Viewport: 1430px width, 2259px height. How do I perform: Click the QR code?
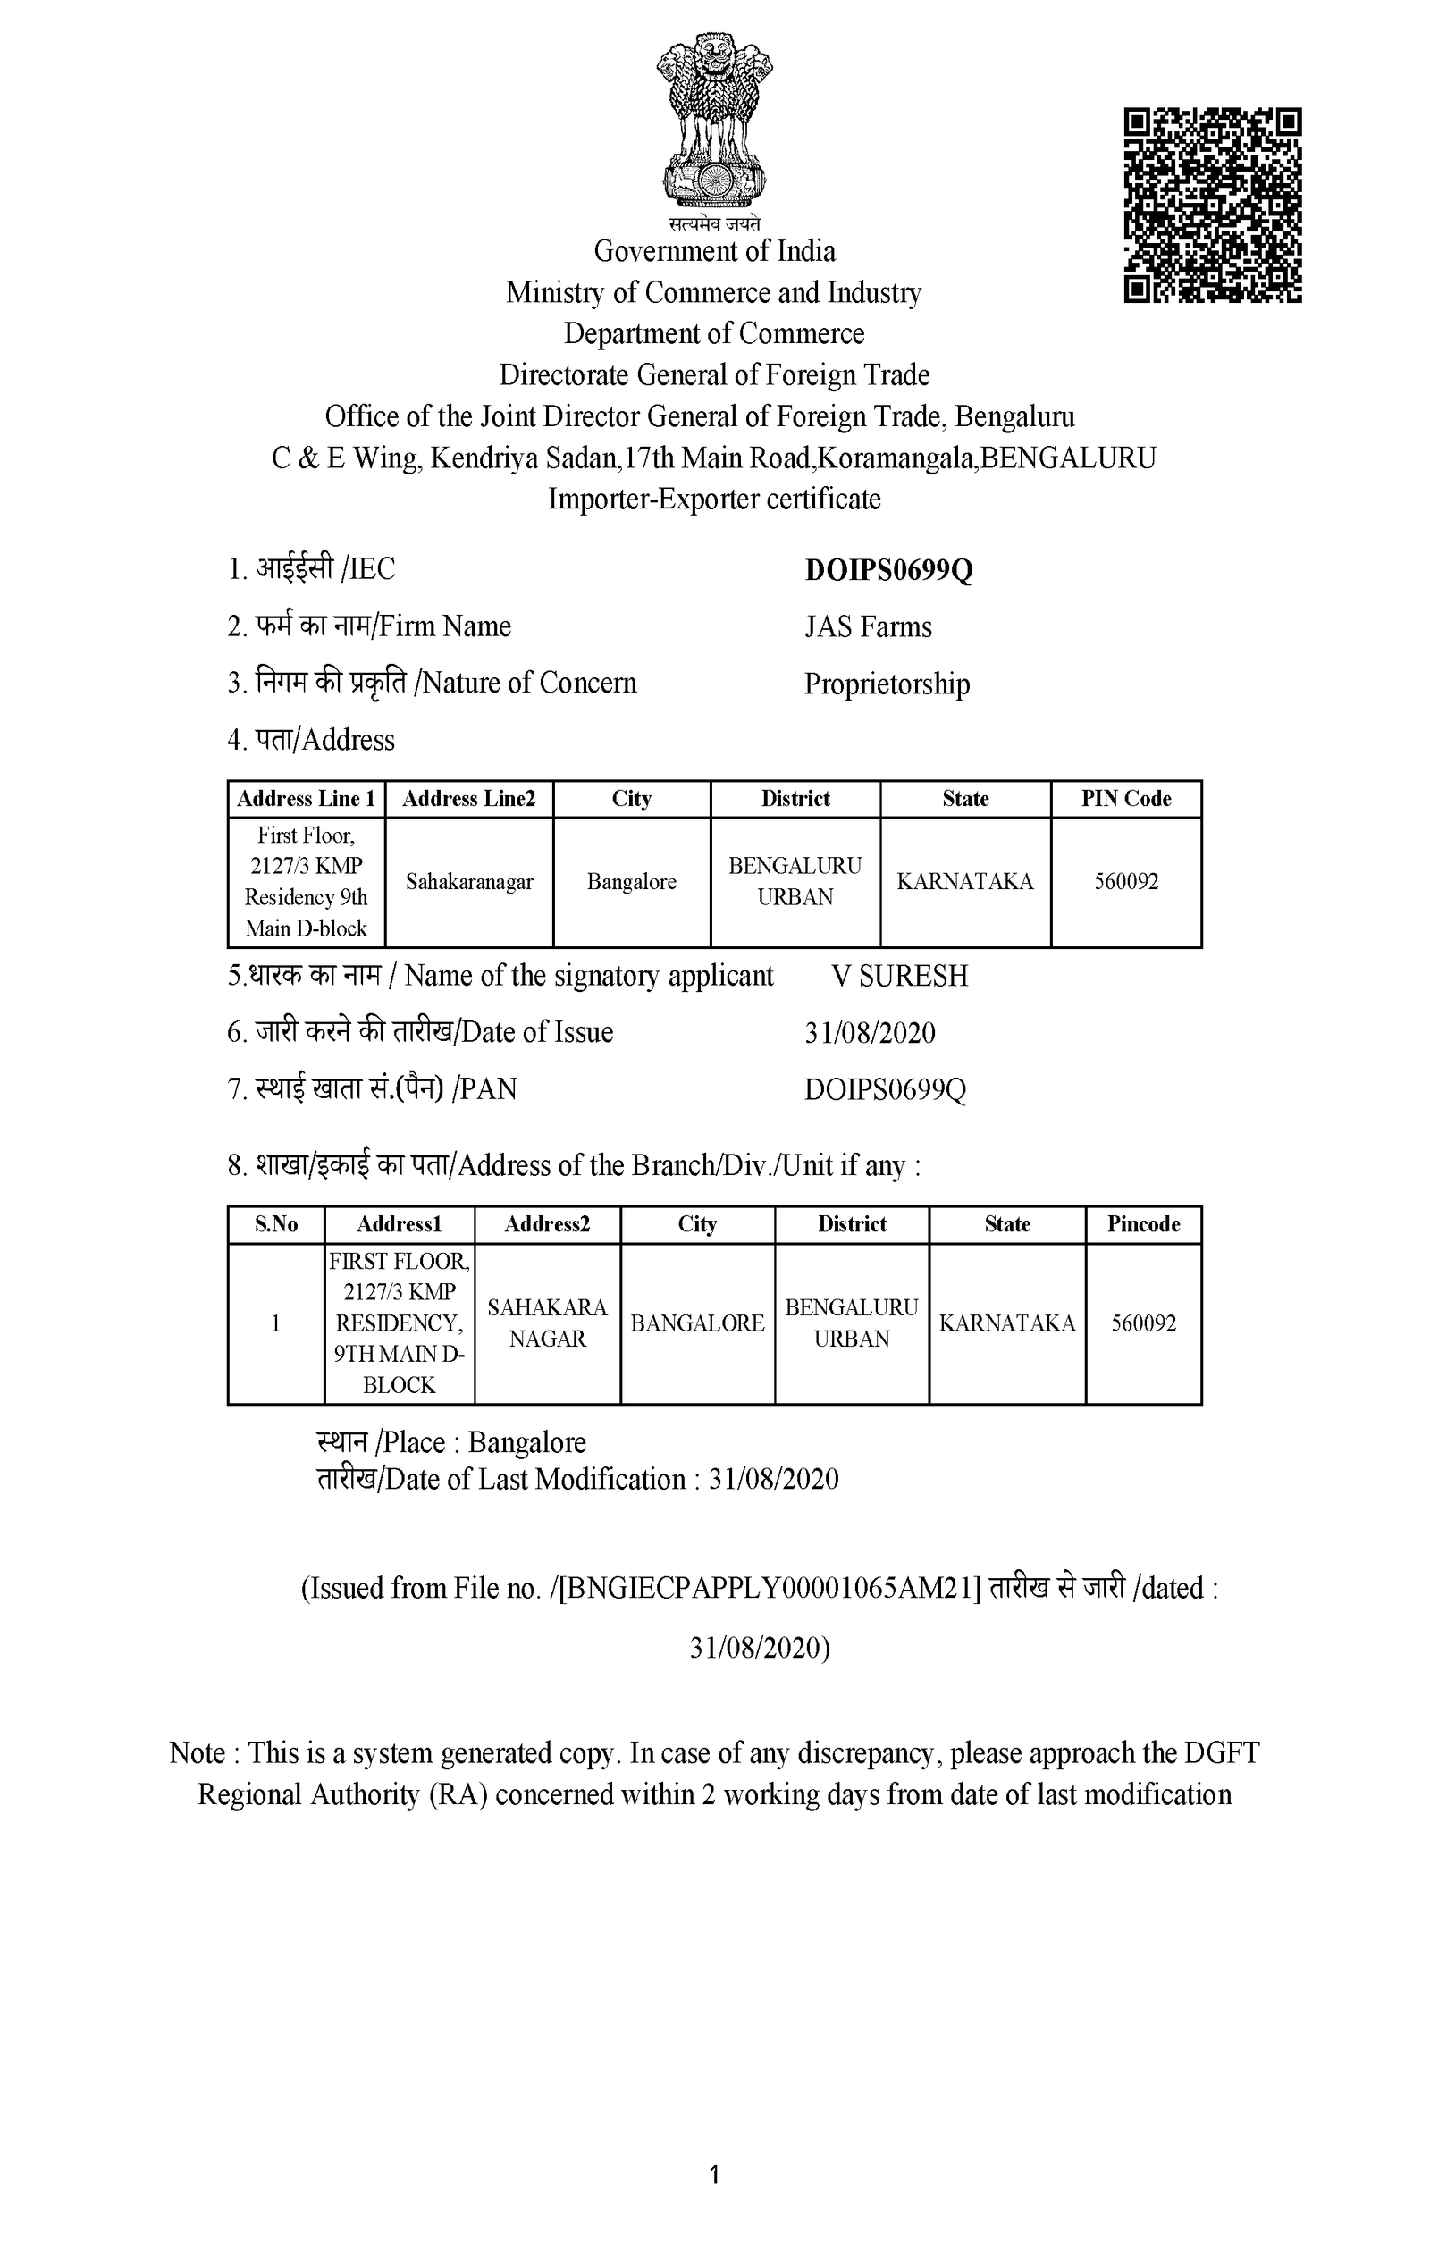1212,206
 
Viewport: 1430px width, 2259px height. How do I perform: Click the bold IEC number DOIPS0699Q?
888,570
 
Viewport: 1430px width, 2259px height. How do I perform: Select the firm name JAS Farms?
868,626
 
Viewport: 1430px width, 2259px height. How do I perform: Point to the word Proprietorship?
887,684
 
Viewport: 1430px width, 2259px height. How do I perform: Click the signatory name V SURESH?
899,977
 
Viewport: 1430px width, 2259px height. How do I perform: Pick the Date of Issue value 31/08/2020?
870,1033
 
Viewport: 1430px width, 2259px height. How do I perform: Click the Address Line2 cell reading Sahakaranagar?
469,882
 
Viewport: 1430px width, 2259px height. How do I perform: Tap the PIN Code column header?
1126,799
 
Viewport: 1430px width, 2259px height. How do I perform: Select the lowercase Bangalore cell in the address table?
632,882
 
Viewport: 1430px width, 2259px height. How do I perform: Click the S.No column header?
276,1224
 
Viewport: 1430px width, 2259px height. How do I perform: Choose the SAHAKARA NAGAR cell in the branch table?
547,1323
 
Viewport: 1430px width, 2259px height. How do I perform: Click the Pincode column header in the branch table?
1143,1224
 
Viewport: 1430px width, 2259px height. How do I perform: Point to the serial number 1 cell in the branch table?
276,1323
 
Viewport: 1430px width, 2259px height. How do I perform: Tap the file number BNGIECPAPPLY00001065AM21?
770,1588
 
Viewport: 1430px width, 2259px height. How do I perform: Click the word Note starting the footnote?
197,1753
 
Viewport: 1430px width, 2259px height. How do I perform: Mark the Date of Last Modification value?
773,1480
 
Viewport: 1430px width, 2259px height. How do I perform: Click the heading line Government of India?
714,251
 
